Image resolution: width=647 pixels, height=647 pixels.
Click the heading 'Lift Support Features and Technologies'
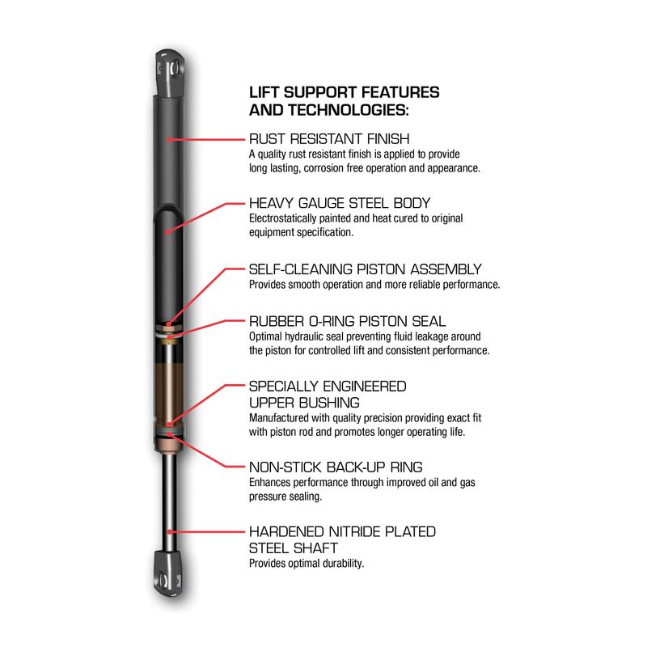(x=345, y=101)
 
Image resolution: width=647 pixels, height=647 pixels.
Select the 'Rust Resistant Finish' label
(x=329, y=138)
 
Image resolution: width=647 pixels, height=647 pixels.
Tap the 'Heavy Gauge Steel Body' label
(x=340, y=203)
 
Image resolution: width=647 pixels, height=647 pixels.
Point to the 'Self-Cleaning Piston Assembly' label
(x=366, y=269)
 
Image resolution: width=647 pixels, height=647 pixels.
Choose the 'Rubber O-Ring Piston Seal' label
(x=348, y=321)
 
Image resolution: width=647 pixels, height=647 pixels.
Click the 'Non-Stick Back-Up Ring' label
(x=336, y=467)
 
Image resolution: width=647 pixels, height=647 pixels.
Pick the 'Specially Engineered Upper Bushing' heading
(x=328, y=395)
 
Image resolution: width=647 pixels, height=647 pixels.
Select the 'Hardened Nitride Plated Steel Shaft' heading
(x=342, y=539)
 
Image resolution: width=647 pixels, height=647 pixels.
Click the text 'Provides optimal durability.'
(x=307, y=564)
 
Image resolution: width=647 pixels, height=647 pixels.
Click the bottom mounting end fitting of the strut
(x=169, y=573)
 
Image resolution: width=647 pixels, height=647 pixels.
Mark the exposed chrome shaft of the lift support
(x=170, y=501)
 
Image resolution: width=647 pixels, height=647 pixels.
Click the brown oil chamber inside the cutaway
(x=169, y=392)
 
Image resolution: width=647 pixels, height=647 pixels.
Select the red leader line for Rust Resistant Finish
(x=207, y=139)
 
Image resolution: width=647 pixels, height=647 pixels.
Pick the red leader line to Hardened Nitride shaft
(x=207, y=532)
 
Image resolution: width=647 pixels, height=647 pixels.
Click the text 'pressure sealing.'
(x=285, y=497)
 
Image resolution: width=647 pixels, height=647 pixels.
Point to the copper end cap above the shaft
(x=169, y=445)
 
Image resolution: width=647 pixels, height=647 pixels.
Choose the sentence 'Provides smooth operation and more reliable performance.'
(x=374, y=285)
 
